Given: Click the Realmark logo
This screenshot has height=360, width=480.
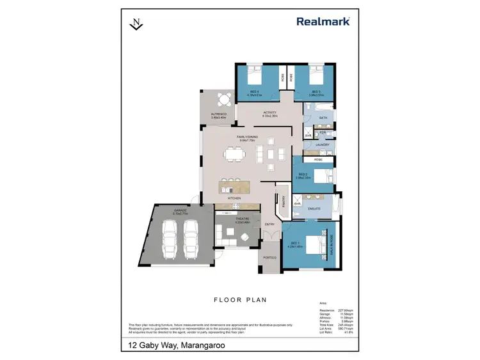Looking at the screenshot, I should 323,21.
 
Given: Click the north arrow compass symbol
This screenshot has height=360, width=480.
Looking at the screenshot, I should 136,24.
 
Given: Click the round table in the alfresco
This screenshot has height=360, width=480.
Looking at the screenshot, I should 223,100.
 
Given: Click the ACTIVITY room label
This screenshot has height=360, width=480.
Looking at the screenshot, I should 269,113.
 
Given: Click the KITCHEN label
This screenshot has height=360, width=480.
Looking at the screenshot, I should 234,199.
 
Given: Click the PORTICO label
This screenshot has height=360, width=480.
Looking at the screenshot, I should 269,258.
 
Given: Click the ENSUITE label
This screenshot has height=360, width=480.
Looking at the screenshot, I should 314,208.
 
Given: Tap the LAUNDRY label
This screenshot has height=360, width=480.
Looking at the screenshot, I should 322,145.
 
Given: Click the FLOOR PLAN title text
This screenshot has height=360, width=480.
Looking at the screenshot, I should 239,299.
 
